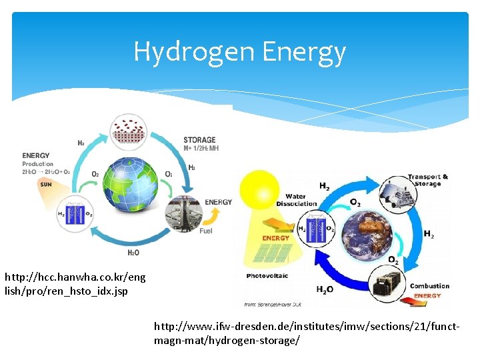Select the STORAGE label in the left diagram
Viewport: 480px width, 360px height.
(199, 140)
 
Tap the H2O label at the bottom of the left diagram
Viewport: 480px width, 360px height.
(133, 253)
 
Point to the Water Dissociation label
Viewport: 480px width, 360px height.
(301, 199)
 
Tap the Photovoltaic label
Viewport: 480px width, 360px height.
(267, 275)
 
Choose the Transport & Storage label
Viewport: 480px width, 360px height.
(428, 180)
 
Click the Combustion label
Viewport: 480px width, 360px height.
(429, 286)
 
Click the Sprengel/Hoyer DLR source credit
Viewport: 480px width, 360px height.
(269, 304)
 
